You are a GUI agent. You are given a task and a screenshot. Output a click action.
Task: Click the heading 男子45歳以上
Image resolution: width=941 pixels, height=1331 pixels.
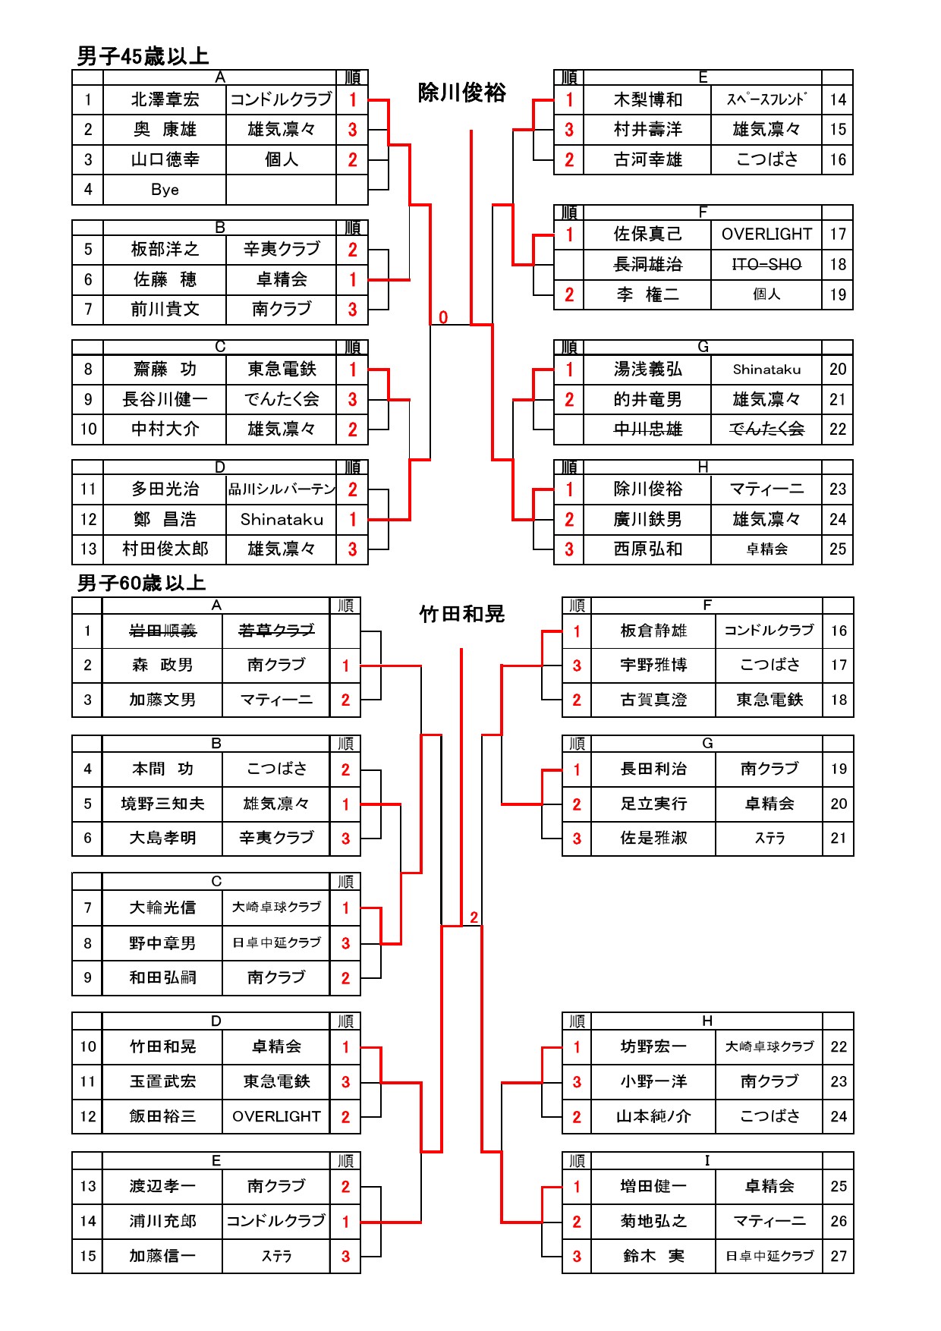[143, 55]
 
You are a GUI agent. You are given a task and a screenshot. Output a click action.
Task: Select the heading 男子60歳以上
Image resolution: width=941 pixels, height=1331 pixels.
[142, 583]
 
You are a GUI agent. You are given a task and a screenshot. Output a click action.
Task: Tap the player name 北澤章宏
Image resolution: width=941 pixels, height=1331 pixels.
[165, 99]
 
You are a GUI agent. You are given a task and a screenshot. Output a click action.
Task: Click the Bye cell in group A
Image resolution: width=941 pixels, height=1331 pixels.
[165, 190]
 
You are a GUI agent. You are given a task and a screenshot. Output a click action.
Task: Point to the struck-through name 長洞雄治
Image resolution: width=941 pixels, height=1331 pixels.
[647, 264]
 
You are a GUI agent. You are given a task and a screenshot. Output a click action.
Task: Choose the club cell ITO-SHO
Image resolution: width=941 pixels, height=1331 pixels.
[766, 264]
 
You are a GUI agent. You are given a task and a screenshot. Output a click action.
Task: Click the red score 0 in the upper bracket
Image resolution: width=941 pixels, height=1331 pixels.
[443, 317]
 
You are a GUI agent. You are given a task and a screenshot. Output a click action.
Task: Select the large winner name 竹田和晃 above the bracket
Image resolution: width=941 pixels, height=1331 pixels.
[462, 613]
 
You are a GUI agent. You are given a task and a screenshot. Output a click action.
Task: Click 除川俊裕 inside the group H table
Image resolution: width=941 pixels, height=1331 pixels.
[647, 489]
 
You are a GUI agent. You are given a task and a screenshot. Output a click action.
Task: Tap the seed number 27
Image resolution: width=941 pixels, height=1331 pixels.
[839, 1256]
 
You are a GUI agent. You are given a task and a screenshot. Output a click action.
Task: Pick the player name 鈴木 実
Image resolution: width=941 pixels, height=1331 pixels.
[653, 1256]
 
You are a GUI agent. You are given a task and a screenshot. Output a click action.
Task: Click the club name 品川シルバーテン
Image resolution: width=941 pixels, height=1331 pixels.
[282, 489]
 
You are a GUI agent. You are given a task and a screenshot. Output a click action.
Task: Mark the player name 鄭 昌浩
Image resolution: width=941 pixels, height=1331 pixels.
[165, 519]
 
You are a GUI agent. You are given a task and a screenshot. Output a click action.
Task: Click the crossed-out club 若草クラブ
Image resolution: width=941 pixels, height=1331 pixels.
[276, 630]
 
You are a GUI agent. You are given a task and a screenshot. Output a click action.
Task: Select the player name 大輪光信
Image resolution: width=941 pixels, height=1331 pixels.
[162, 908]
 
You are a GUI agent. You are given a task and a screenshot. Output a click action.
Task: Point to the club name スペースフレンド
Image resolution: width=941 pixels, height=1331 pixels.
[766, 99]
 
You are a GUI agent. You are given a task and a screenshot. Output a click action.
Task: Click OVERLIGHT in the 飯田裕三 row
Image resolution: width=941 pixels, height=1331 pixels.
[276, 1116]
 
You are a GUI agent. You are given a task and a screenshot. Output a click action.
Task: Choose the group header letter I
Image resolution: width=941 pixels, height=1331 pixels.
[707, 1160]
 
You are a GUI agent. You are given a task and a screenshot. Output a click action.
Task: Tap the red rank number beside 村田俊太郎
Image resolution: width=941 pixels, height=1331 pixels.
[352, 549]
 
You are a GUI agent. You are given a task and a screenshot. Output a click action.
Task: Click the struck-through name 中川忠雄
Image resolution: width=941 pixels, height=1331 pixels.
[647, 429]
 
